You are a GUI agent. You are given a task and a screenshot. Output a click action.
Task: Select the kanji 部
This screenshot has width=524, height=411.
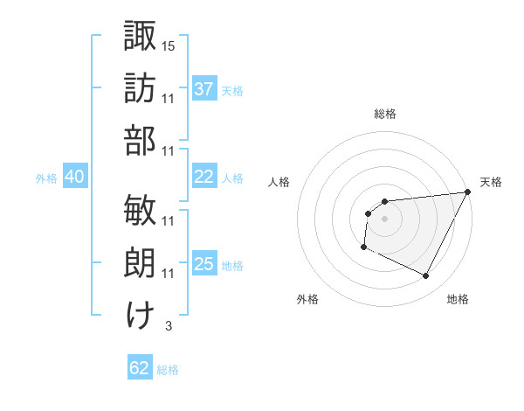pyautogui.click(x=140, y=140)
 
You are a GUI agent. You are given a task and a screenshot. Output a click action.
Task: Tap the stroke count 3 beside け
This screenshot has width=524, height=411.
pyautogui.click(x=168, y=326)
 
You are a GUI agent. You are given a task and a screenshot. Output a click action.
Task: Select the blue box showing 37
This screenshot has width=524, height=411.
pyautogui.click(x=203, y=88)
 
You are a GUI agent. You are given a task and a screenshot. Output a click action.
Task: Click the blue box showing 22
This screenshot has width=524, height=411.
pyautogui.click(x=203, y=176)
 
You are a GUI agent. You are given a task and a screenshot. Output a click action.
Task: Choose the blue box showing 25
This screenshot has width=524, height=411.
pyautogui.click(x=203, y=264)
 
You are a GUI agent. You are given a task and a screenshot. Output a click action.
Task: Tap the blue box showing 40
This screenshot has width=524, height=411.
pyautogui.click(x=74, y=177)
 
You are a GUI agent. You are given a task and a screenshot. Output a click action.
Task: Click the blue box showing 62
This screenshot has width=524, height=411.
pyautogui.click(x=140, y=368)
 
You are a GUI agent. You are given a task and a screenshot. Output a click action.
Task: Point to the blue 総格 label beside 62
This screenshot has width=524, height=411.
pyautogui.click(x=168, y=370)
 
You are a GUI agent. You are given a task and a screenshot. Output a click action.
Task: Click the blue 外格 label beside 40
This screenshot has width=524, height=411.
pyautogui.click(x=46, y=178)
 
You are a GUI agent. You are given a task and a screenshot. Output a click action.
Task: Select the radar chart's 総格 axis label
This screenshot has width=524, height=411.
pyautogui.click(x=384, y=114)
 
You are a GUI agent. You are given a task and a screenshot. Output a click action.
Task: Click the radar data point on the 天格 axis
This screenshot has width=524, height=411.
pyautogui.click(x=470, y=192)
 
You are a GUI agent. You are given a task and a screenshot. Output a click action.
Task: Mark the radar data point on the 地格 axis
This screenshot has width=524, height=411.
pyautogui.click(x=426, y=276)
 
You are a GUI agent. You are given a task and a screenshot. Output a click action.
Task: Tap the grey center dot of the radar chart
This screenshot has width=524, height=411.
pyautogui.click(x=384, y=218)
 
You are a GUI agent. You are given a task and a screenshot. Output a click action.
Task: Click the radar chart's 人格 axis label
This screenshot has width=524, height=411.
pyautogui.click(x=279, y=182)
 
